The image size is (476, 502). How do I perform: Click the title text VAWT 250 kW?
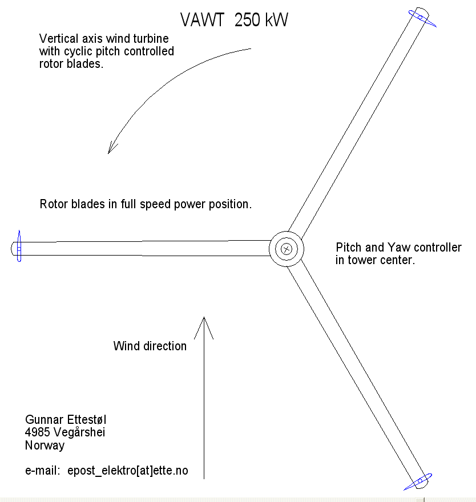[x=234, y=20]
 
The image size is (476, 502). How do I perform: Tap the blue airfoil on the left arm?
[x=19, y=246]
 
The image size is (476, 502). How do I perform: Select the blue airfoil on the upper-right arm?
[x=422, y=19]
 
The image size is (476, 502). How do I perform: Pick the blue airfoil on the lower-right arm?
[x=418, y=481]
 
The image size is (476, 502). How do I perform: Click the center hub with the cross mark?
[x=287, y=249]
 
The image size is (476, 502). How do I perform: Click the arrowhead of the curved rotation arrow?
[x=111, y=148]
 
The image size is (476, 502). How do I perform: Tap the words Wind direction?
[x=150, y=346]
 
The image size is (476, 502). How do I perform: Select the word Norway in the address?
[x=45, y=446]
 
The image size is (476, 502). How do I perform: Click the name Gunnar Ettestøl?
[x=66, y=419]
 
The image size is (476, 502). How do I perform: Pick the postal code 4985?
[x=38, y=432]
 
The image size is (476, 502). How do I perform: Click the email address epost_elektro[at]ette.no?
[x=128, y=471]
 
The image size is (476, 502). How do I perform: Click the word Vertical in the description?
[x=59, y=38]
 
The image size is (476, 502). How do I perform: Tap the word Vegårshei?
[x=79, y=432]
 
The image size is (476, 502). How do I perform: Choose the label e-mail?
[x=43, y=471]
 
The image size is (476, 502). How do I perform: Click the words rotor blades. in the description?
[x=71, y=64]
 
